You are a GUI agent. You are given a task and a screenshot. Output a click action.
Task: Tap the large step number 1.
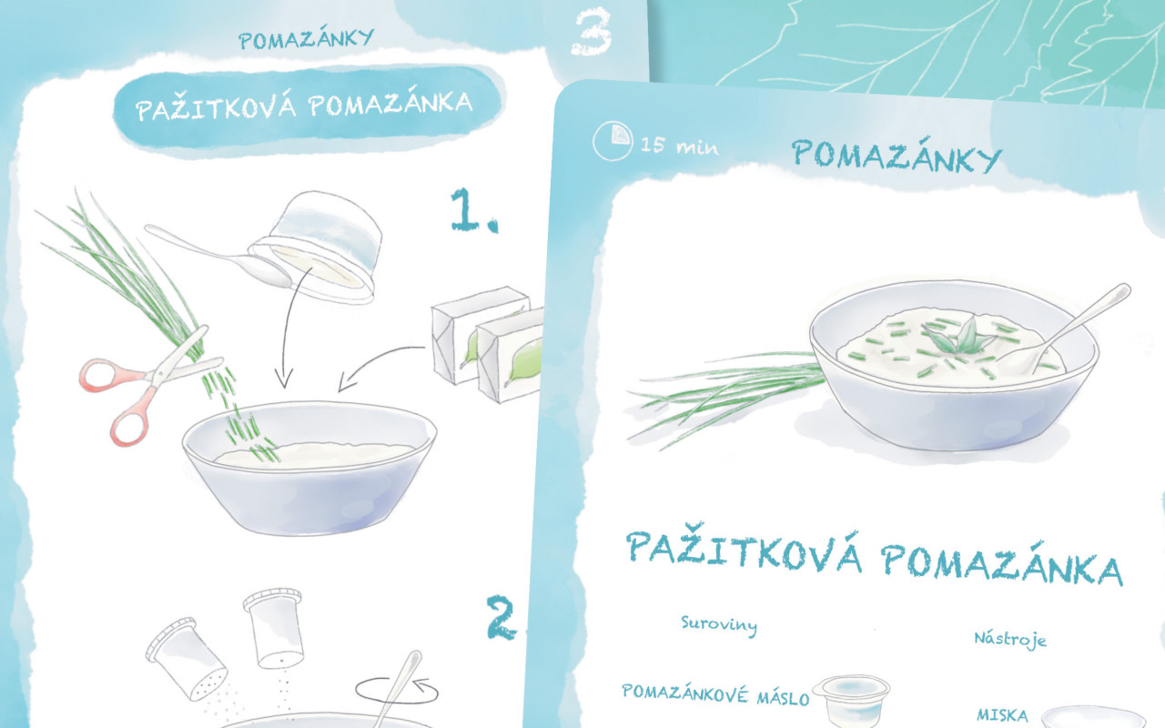click(473, 209)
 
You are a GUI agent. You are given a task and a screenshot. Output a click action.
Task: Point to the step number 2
click(501, 618)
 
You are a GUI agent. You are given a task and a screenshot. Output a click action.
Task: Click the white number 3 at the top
click(591, 31)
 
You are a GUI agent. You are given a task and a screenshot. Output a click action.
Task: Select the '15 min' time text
click(679, 146)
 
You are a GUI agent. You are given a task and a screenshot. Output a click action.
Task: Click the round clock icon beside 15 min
click(613, 140)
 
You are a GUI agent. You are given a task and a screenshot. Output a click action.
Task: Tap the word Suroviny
click(719, 625)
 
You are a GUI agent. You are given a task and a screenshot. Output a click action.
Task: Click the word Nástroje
click(1010, 639)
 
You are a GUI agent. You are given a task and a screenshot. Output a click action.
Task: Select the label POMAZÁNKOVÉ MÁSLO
click(715, 694)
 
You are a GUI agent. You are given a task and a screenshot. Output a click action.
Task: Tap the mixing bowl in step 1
click(309, 467)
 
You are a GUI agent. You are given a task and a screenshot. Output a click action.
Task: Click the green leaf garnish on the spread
click(956, 336)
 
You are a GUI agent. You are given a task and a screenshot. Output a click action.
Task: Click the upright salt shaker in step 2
click(273, 628)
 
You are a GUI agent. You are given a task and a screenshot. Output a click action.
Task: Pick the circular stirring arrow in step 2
click(396, 691)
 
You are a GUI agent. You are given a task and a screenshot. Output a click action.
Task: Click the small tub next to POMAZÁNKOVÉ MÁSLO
click(851, 702)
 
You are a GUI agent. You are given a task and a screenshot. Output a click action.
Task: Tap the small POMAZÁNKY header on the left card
click(307, 38)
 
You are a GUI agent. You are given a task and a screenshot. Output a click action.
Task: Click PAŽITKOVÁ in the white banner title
click(216, 107)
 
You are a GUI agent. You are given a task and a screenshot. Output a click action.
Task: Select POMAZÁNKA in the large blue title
click(1002, 565)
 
